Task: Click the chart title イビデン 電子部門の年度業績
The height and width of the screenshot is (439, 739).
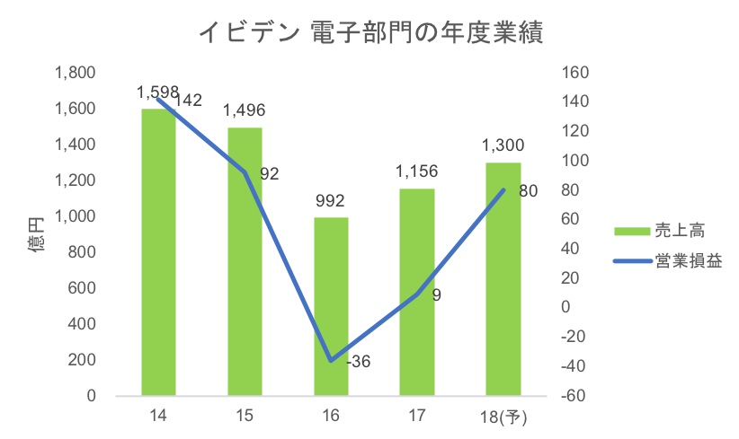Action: coord(369,34)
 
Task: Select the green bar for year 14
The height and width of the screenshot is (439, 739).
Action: coord(158,251)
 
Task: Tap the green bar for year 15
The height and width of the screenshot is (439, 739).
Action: coord(245,260)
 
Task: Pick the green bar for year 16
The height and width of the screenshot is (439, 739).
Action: coord(331,305)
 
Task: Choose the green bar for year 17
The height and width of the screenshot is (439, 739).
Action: coord(417,292)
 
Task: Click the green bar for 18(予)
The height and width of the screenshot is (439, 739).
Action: coord(503,278)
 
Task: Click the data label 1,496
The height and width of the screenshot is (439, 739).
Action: coord(245,110)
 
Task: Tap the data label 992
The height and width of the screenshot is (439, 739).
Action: coord(331,200)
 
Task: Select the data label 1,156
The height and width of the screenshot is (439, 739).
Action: coord(417,171)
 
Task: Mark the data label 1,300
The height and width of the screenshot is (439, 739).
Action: coord(503,145)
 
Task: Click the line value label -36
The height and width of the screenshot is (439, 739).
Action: coord(358,363)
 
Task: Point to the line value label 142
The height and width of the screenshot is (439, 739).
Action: coord(188,100)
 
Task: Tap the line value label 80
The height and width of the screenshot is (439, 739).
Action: coord(529,190)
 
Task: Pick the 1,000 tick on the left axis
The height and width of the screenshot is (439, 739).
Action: coord(79,215)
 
